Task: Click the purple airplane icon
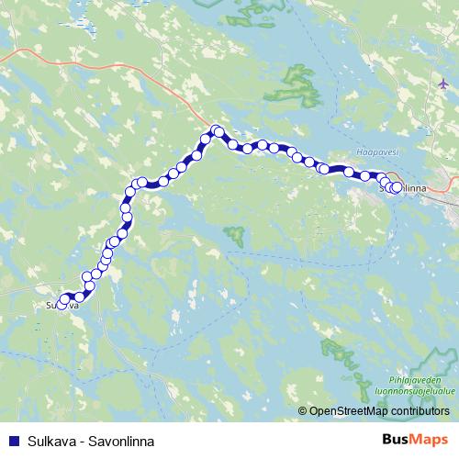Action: tap(443, 84)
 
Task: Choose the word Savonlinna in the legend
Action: tap(119, 441)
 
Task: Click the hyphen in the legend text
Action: tap(81, 441)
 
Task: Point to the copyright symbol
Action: tap(302, 410)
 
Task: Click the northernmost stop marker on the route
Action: tap(217, 130)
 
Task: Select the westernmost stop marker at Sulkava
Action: tap(62, 306)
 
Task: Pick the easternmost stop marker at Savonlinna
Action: tap(397, 187)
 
